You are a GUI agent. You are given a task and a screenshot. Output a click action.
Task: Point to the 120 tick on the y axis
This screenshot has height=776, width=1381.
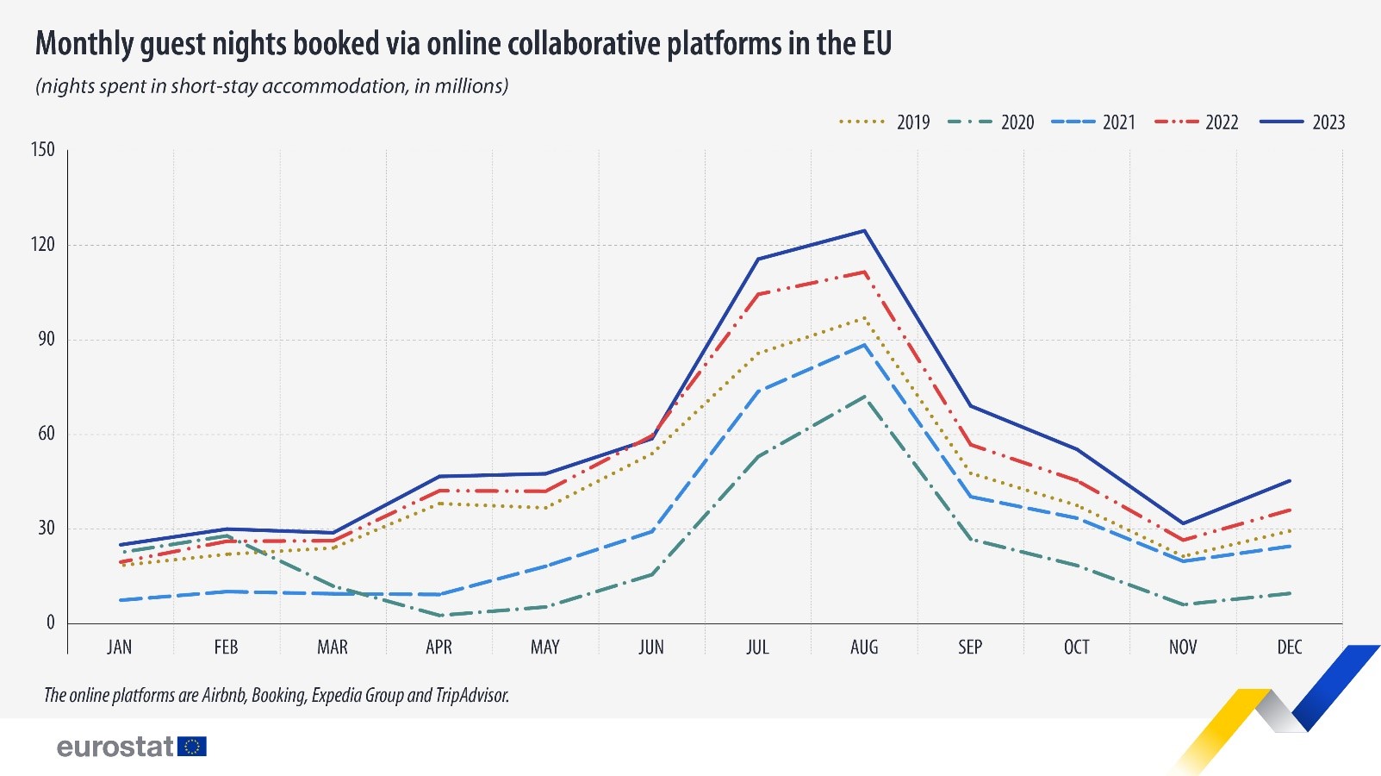coord(42,245)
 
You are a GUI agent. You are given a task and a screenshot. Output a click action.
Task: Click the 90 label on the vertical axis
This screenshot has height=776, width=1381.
coord(46,339)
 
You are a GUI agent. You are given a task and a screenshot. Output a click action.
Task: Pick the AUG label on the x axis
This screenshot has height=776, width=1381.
coord(864,648)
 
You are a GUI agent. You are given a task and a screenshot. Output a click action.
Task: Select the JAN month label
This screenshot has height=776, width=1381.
coord(120,648)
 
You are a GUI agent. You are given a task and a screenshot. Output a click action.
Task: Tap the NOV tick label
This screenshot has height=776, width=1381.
coord(1183,648)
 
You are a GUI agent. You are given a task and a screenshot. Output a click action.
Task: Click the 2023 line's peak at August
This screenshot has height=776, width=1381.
coord(864,230)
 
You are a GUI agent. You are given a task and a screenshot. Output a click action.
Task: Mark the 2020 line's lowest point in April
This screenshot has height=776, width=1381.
coord(439,616)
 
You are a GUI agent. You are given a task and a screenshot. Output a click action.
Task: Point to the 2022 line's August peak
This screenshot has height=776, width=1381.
coord(864,272)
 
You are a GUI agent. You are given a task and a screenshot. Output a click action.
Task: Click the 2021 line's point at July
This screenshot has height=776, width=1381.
coord(758,391)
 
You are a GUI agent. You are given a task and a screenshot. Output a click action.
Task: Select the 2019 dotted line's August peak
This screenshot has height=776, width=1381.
coord(864,317)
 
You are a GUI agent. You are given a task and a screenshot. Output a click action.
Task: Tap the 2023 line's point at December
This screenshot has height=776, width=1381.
coord(1290,480)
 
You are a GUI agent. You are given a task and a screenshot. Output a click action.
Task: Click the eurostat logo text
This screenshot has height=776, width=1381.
coord(115,746)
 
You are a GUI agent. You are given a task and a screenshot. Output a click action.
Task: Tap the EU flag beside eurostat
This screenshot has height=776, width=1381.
coord(192,746)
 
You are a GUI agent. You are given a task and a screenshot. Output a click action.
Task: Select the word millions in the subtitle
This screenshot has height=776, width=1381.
coord(470,86)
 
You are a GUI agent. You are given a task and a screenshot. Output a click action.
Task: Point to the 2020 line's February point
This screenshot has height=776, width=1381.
coord(227,535)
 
